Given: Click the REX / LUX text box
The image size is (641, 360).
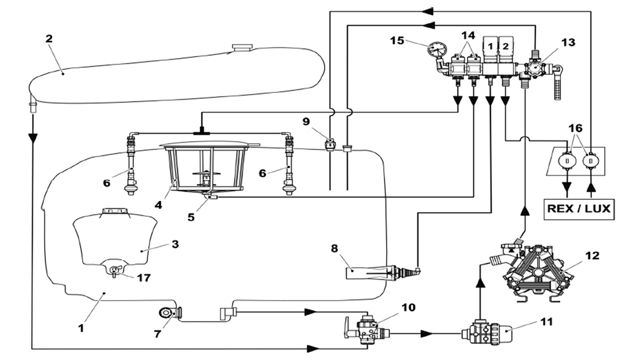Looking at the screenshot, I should pyautogui.click(x=578, y=208).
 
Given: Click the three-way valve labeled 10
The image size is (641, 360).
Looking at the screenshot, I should pyautogui.click(x=366, y=328).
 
